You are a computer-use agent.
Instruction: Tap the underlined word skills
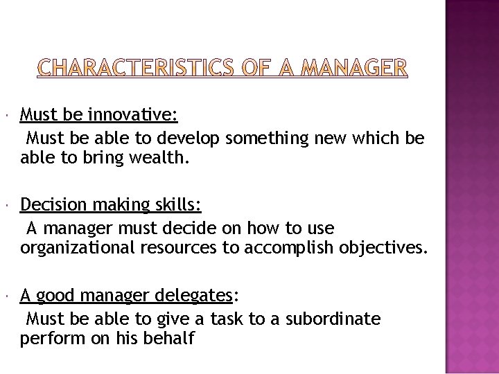pyautogui.click(x=178, y=205)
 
